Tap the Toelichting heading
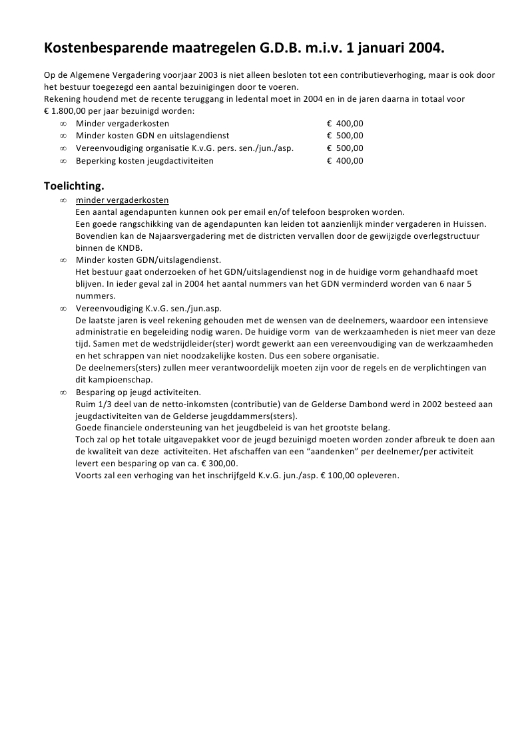(74, 186)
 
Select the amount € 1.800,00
(65, 111)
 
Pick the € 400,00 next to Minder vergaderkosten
(345, 124)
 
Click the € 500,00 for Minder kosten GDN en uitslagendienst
(345, 136)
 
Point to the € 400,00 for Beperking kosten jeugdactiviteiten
(345, 160)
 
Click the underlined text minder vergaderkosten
(122, 200)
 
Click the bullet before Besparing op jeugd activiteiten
(63, 392)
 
